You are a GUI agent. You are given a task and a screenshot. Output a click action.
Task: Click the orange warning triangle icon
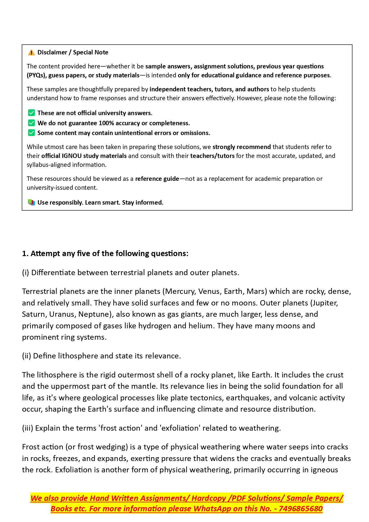[x=31, y=53]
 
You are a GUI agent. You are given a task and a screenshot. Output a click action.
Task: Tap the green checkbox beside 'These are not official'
[x=31, y=113]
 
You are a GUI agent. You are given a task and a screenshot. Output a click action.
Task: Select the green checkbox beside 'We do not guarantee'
[x=31, y=123]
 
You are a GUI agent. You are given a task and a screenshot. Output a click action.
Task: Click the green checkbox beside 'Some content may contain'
[x=31, y=133]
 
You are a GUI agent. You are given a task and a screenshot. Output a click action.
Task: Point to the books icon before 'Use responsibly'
[x=31, y=203]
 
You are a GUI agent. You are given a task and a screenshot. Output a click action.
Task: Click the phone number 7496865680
[x=301, y=509]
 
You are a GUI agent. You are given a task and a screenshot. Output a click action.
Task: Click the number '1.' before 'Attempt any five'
[x=25, y=253]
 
